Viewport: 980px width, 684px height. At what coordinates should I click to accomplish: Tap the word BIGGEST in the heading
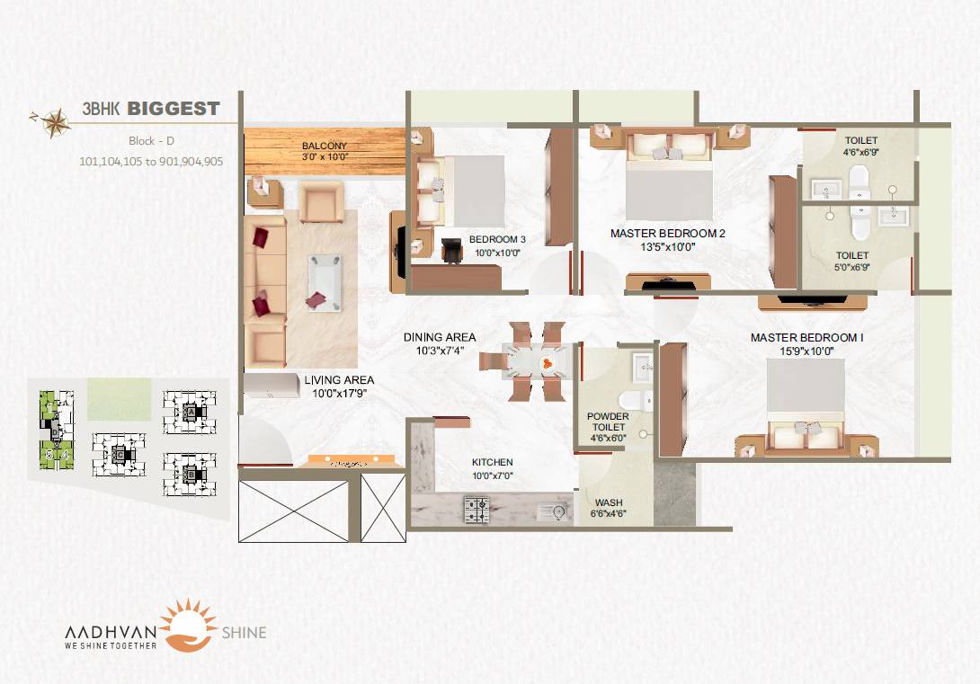click(x=174, y=109)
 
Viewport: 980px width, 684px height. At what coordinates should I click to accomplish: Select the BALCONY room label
click(x=325, y=146)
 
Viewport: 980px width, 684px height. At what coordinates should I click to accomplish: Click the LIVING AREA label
click(x=339, y=380)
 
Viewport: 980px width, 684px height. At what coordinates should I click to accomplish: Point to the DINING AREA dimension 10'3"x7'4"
click(x=440, y=351)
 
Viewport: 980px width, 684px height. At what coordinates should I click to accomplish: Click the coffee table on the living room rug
click(x=324, y=281)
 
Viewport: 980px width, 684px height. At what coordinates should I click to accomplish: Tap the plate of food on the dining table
click(x=547, y=363)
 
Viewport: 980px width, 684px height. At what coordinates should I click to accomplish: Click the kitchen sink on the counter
click(x=550, y=511)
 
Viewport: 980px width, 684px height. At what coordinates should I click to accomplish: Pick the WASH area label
click(x=609, y=502)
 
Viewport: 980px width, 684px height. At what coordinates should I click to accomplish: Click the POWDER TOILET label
click(x=609, y=422)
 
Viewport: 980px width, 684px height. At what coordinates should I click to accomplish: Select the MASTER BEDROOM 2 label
click(x=667, y=234)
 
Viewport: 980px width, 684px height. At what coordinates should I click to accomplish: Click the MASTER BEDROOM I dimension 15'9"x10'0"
click(x=806, y=351)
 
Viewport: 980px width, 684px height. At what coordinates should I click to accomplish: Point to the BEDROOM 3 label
click(x=497, y=239)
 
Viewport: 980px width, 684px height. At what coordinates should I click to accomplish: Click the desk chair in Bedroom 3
click(x=450, y=249)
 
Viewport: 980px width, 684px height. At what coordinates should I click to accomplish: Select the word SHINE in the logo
click(x=244, y=633)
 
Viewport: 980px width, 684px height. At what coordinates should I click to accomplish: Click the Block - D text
click(x=151, y=142)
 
